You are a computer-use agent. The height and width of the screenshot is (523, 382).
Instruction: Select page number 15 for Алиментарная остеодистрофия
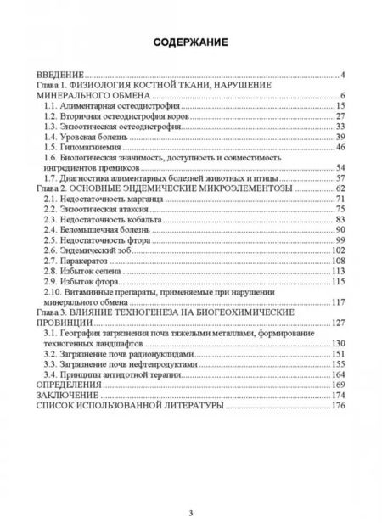point(339,105)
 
